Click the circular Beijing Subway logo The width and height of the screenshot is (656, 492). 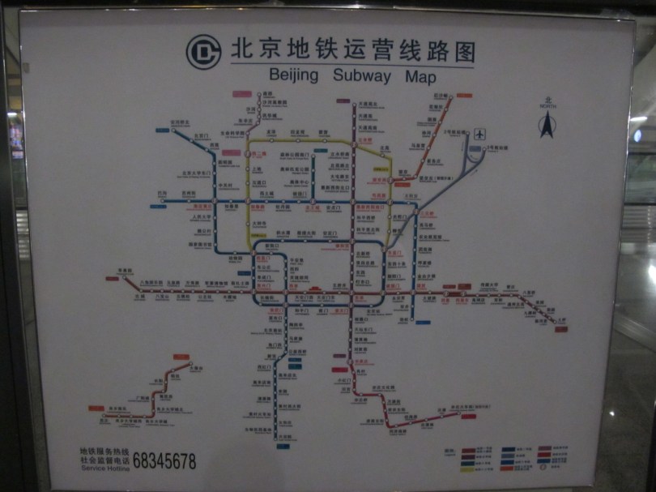tap(204, 52)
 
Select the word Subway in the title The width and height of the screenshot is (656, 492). tap(362, 77)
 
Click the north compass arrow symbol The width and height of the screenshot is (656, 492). tap(547, 124)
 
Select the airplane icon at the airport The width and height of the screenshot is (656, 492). tap(481, 134)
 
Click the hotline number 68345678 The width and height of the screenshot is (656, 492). tap(164, 462)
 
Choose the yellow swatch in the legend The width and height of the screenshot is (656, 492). tap(469, 468)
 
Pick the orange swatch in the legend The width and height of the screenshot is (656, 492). tap(509, 468)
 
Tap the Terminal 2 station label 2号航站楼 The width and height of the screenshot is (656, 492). tap(457, 132)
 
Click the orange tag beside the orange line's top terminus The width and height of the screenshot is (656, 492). tap(464, 96)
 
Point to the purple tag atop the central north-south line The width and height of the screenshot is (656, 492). tap(343, 101)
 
